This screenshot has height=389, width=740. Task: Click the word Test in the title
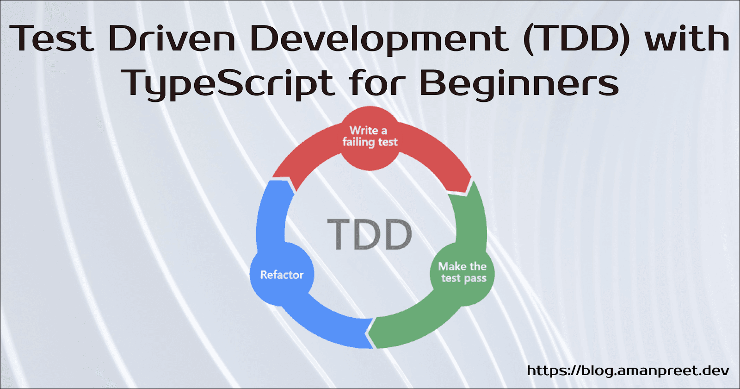[x=52, y=38]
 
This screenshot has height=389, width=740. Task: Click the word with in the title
[x=687, y=38]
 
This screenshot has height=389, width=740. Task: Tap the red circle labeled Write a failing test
[x=370, y=138]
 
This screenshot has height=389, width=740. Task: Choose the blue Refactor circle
[x=282, y=274]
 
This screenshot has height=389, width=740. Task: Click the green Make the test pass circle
[x=462, y=273]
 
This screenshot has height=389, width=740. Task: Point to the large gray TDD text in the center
[x=370, y=234]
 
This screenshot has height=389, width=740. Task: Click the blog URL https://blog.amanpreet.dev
[x=628, y=370]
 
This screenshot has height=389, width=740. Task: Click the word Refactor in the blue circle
[x=282, y=275]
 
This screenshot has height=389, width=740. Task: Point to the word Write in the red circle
[x=364, y=130]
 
